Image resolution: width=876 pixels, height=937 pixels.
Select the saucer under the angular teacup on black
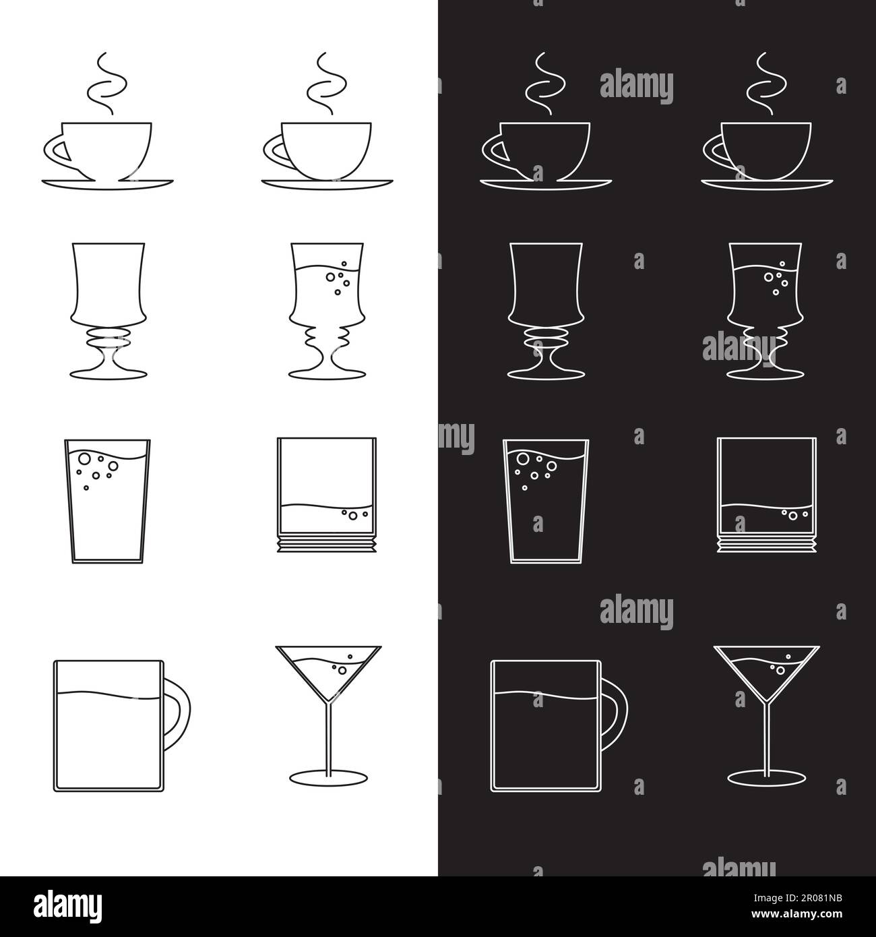(545, 183)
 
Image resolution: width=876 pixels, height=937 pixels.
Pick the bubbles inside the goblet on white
(336, 279)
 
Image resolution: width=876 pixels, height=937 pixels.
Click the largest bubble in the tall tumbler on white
(84, 459)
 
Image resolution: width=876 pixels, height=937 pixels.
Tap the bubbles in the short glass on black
(793, 515)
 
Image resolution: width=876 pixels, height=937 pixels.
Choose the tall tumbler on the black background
(545, 499)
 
